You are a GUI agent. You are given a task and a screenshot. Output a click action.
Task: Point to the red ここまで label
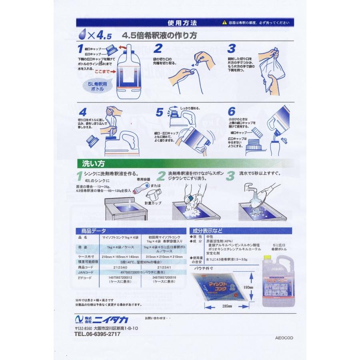[x=102, y=71]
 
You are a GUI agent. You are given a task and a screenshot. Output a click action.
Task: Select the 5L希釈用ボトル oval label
[x=92, y=88]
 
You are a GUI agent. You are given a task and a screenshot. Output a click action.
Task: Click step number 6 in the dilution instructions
[x=231, y=112]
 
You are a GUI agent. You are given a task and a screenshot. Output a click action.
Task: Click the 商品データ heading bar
[x=94, y=231]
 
